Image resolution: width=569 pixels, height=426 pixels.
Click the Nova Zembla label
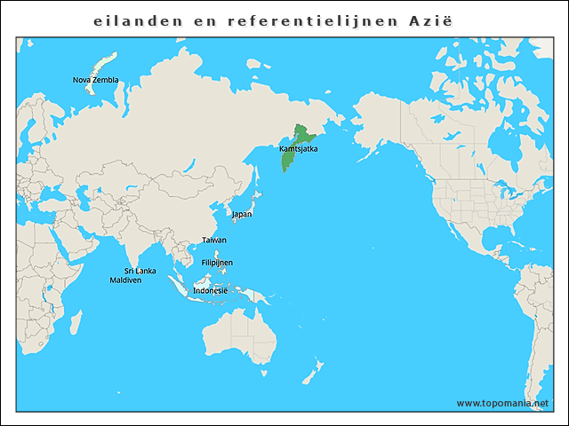[x=95, y=80]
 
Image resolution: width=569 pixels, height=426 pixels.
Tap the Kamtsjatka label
[x=298, y=148]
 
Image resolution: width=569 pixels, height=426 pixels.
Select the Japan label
[x=241, y=214]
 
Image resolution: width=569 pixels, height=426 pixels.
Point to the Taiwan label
[x=213, y=241]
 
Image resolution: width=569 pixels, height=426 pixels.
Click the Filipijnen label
[x=217, y=263]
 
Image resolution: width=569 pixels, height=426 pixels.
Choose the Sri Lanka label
[x=140, y=271]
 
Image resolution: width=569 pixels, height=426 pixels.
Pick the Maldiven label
[x=125, y=280]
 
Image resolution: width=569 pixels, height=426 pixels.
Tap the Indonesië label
[x=210, y=290]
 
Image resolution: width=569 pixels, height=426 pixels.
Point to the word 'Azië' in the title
[x=432, y=20]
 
